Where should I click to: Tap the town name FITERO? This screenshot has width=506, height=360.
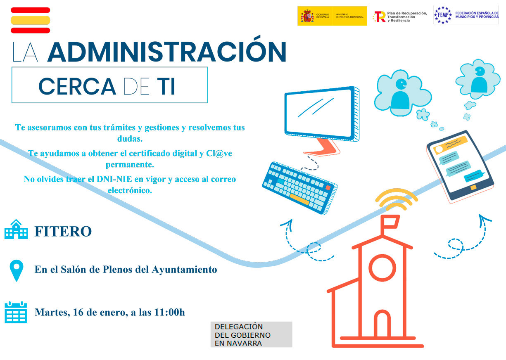pyautogui.click(x=63, y=231)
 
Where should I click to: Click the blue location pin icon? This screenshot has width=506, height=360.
pyautogui.click(x=17, y=270)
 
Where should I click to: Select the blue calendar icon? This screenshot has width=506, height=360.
pyautogui.click(x=16, y=312)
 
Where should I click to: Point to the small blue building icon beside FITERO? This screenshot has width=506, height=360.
pyautogui.click(x=16, y=229)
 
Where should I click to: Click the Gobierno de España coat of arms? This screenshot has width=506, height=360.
pyautogui.click(x=307, y=16)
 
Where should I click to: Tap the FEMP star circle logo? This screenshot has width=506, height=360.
pyautogui.click(x=443, y=15)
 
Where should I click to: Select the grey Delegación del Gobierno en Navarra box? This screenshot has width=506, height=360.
pyautogui.click(x=251, y=334)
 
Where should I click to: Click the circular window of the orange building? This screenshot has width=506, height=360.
pyautogui.click(x=382, y=268)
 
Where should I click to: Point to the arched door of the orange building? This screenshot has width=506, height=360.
pyautogui.click(x=382, y=323)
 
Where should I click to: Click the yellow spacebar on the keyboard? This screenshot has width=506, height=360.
pyautogui.click(x=299, y=199)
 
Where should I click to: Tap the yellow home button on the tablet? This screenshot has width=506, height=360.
pyautogui.click(x=473, y=187)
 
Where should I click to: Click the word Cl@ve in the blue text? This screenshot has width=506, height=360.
pyautogui.click(x=219, y=153)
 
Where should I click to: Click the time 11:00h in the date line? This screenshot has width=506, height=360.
pyautogui.click(x=169, y=312)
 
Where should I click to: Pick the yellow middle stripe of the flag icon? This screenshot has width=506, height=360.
pyautogui.click(x=30, y=20)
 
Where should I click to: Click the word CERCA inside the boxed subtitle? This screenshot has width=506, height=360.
pyautogui.click(x=77, y=86)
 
